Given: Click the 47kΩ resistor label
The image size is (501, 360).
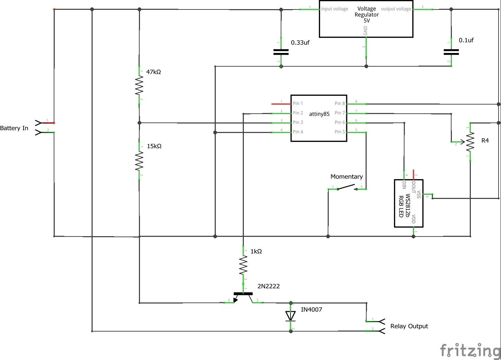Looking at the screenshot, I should pos(153,72).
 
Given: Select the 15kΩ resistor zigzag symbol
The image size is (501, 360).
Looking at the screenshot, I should pos(139,160).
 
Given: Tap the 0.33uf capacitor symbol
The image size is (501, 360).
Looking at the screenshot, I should pos(281,52).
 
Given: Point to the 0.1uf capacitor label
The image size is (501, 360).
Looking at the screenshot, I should pos(466,40).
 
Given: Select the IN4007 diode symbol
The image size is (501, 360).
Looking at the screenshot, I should pos(290,316).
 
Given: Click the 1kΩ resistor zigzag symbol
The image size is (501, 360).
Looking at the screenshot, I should pos(243,265).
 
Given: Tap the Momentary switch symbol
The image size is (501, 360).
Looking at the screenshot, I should pos(347,188).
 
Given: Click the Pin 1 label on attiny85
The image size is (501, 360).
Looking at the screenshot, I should pos(298,104).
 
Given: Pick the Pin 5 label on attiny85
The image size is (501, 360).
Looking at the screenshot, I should pos(340,132).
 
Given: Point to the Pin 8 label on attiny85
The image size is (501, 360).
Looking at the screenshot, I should pos(340,104).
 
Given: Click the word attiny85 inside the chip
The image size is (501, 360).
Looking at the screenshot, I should pos(319,114).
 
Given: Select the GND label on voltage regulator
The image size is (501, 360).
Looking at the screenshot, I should pos(366,31).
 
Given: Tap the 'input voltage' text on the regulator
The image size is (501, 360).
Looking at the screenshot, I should pos(335,9).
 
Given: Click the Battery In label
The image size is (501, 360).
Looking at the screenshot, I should pos(14,128).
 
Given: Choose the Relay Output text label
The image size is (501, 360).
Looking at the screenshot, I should pos(409,326).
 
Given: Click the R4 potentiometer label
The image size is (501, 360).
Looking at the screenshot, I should pos(485,141).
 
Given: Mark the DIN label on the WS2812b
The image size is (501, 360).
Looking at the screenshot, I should pos(404,185).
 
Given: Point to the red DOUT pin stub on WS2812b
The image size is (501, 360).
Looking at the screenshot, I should pos(414,174).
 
